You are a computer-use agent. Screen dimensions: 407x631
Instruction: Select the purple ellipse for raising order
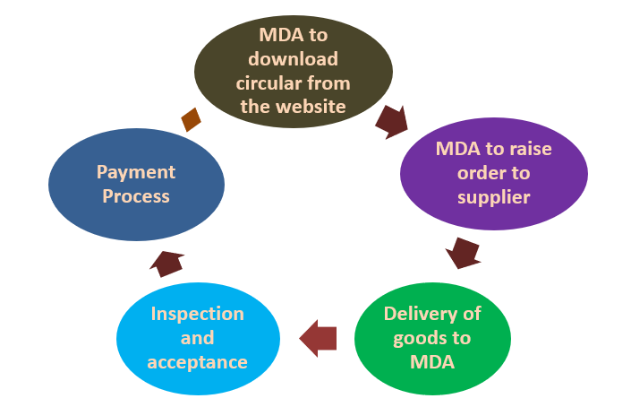click(x=493, y=172)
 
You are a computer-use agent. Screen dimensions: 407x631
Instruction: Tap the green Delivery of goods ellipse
click(x=432, y=337)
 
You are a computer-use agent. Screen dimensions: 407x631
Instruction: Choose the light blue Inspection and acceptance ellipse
click(x=197, y=338)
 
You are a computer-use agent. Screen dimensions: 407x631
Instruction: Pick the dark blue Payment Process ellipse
click(x=136, y=183)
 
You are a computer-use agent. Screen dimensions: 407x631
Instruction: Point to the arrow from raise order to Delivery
click(x=464, y=252)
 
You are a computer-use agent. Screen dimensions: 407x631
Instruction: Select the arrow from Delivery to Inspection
click(x=318, y=338)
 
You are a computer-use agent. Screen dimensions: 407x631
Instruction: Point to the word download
click(x=294, y=59)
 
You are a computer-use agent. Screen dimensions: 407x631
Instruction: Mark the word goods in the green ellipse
click(x=422, y=337)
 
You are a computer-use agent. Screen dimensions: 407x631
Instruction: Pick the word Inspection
click(x=197, y=314)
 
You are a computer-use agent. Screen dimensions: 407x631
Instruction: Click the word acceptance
click(x=197, y=361)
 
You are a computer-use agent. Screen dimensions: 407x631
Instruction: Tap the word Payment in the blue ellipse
click(x=136, y=171)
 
